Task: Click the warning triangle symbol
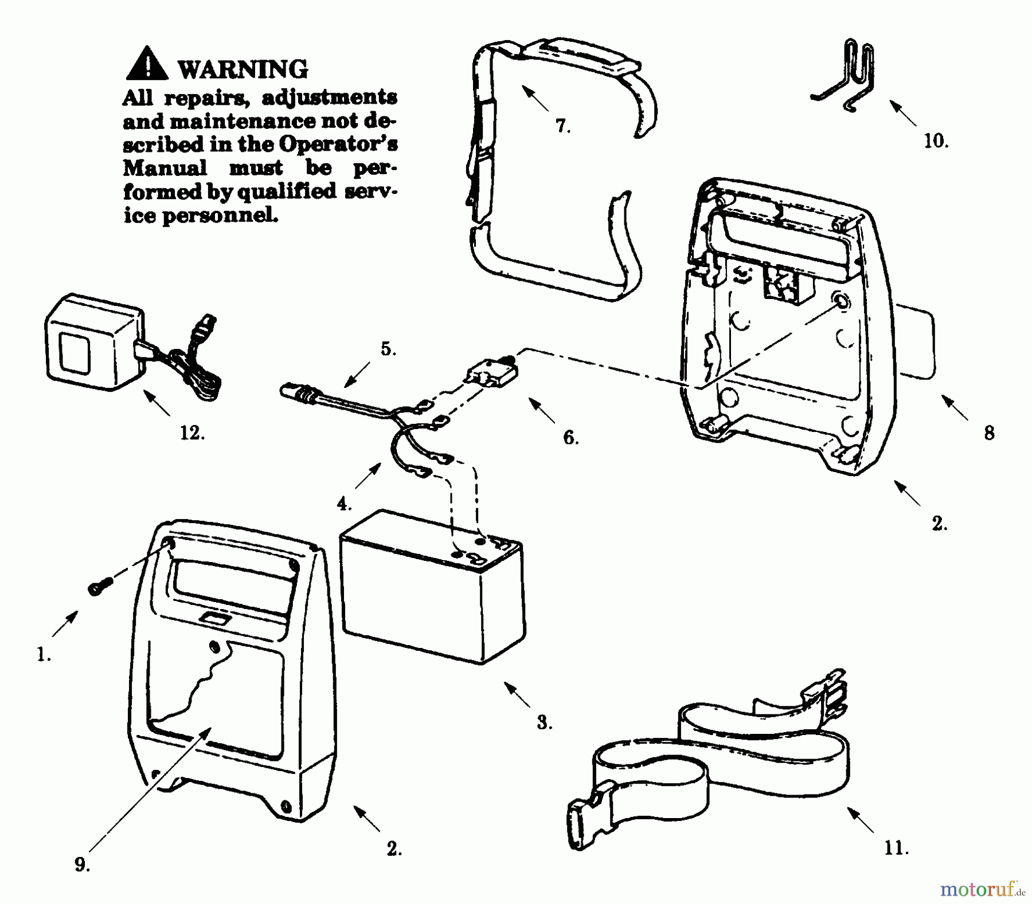pyautogui.click(x=147, y=64)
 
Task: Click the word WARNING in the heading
pyautogui.click(x=243, y=69)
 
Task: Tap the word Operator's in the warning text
pyautogui.click(x=338, y=144)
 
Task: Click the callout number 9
pyautogui.click(x=82, y=865)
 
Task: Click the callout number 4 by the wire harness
pyautogui.click(x=343, y=504)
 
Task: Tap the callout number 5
pyautogui.click(x=388, y=349)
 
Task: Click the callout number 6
pyautogui.click(x=570, y=438)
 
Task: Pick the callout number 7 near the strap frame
pyautogui.click(x=562, y=126)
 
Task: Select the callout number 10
pyautogui.click(x=935, y=141)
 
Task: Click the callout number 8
pyautogui.click(x=989, y=433)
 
